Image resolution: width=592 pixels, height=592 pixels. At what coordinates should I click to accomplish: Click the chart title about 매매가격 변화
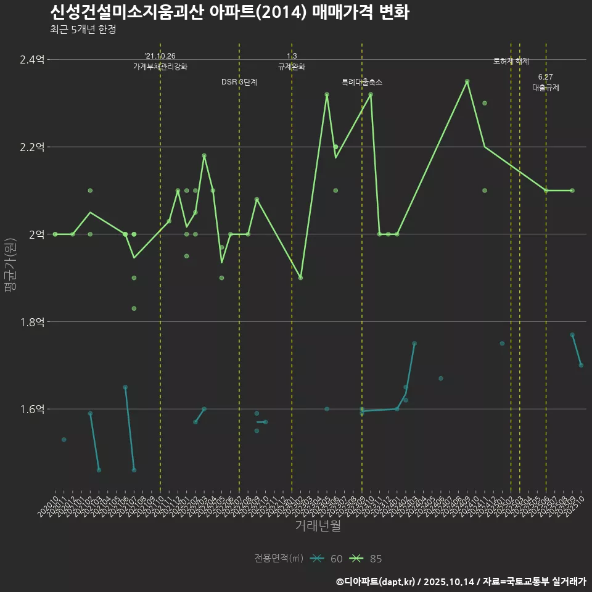(229, 12)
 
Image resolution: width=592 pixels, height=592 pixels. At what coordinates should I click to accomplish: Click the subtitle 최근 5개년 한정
(83, 29)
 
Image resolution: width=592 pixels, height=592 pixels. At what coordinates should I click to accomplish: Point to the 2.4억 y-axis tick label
(31, 60)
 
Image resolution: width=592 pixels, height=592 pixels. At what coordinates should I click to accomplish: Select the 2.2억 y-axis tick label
(31, 147)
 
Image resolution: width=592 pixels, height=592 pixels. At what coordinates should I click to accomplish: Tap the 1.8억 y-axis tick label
(31, 322)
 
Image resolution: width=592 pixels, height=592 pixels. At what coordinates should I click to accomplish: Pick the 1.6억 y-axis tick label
(31, 409)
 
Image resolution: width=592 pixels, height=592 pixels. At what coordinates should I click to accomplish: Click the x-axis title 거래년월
(318, 526)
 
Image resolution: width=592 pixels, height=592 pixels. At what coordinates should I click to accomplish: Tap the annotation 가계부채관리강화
(160, 67)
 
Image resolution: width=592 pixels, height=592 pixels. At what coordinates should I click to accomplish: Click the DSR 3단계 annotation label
(239, 82)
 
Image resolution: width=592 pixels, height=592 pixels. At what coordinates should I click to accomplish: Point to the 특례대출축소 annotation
(362, 82)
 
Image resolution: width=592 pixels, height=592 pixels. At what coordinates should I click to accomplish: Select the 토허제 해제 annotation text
(511, 61)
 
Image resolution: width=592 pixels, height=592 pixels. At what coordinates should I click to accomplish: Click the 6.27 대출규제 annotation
(546, 83)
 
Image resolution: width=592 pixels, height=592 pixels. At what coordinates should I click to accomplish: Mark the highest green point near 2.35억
(467, 81)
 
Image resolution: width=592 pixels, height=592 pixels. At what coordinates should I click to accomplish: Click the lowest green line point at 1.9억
(300, 277)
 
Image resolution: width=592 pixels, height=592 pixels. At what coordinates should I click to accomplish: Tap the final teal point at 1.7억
(581, 366)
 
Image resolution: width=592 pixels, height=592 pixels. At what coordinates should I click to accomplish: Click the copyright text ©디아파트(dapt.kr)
(376, 581)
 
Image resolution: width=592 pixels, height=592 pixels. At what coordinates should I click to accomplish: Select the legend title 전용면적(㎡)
(279, 559)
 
